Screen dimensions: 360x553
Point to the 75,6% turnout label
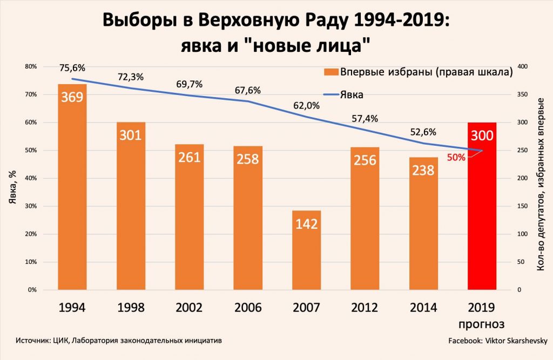pos(72,68)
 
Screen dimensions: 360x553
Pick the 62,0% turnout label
pos(306,106)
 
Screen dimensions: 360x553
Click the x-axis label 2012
pos(365,308)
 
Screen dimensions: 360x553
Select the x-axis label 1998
pos(131,308)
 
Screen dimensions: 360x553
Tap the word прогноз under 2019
pos(482,324)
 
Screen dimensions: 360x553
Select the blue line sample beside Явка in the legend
pos(331,94)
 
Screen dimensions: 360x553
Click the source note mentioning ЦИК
pos(119,341)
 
